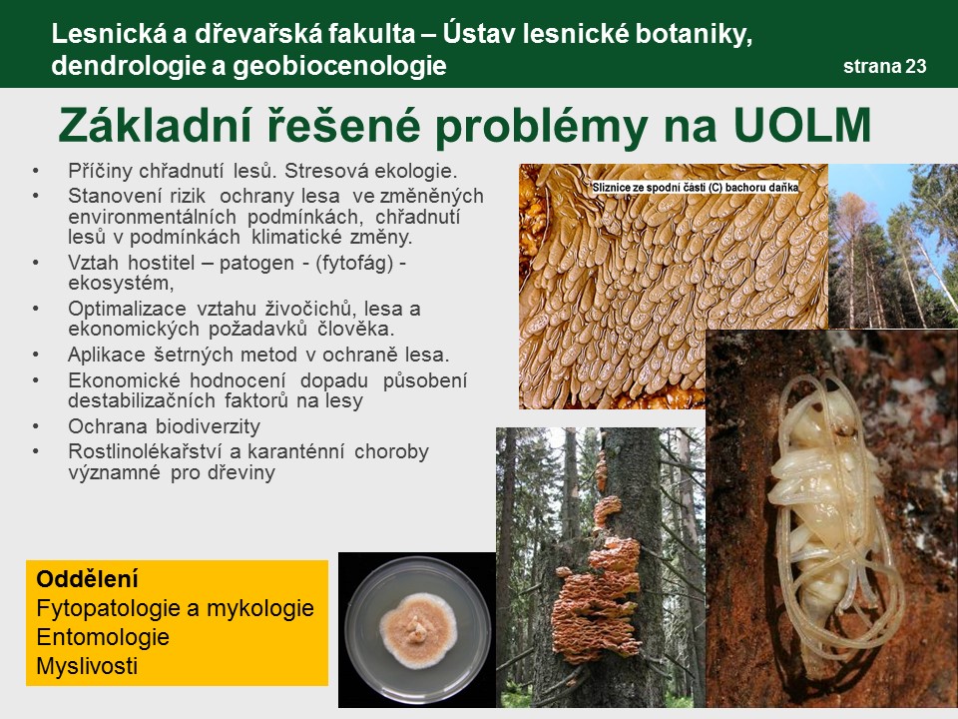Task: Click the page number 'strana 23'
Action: click(885, 66)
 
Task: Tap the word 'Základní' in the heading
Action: click(156, 126)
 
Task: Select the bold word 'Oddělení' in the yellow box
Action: click(88, 578)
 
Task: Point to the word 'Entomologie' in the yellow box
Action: click(103, 637)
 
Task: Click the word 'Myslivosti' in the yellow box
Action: click(87, 666)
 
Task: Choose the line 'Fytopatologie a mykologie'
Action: click(175, 608)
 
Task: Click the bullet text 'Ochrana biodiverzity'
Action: click(165, 426)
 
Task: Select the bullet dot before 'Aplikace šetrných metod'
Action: click(36, 355)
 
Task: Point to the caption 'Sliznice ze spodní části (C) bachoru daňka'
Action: click(696, 188)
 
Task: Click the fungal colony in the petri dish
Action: click(418, 630)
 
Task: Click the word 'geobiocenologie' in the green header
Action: click(339, 66)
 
